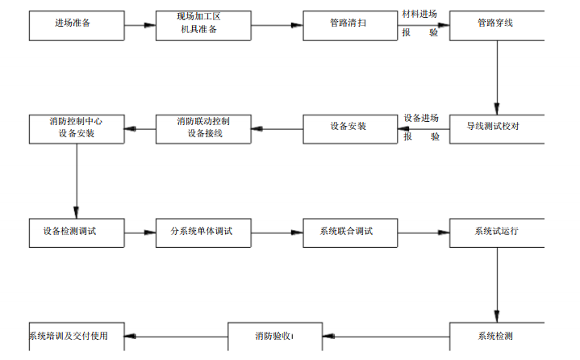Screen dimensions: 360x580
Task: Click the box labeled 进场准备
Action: pyautogui.click(x=77, y=25)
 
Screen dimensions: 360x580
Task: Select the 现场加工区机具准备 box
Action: pyautogui.click(x=203, y=25)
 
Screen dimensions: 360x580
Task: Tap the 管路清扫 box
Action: pyautogui.click(x=350, y=25)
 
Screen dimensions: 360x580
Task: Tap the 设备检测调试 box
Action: pyautogui.click(x=77, y=232)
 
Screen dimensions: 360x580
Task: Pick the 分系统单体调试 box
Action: pyautogui.click(x=203, y=232)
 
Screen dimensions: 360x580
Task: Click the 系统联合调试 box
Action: pyautogui.click(x=350, y=232)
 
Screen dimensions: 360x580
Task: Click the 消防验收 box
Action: pyautogui.click(x=275, y=337)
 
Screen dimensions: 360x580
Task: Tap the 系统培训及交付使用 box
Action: pyautogui.click(x=77, y=337)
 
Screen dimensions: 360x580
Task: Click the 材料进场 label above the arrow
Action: pyautogui.click(x=419, y=15)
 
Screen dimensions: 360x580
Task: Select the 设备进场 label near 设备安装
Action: pyautogui.click(x=422, y=118)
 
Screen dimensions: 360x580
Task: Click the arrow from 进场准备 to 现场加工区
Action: pyautogui.click(x=140, y=26)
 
